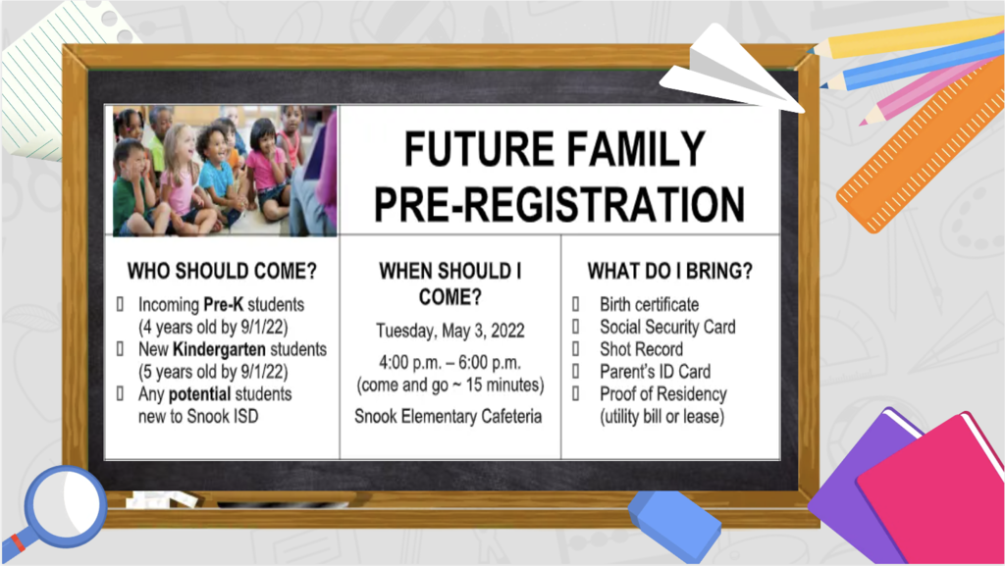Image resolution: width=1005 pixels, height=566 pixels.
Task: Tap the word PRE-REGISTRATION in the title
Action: tap(558, 204)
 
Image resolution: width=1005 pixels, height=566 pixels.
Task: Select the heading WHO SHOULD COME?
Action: tap(222, 271)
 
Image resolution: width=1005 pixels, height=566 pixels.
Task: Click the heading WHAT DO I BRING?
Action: tap(669, 271)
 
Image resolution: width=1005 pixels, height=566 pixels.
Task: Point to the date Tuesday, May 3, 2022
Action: tap(450, 331)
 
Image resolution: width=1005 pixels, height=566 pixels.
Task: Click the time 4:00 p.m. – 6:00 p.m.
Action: tap(450, 362)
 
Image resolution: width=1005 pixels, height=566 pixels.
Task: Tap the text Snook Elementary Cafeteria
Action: tap(448, 416)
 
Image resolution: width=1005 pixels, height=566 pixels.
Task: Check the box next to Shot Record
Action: tap(575, 348)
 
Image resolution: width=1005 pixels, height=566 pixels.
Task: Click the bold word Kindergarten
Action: tap(219, 349)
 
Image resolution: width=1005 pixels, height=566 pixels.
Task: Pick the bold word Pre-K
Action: tap(224, 304)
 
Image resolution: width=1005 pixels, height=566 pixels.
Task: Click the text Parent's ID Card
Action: tap(655, 372)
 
